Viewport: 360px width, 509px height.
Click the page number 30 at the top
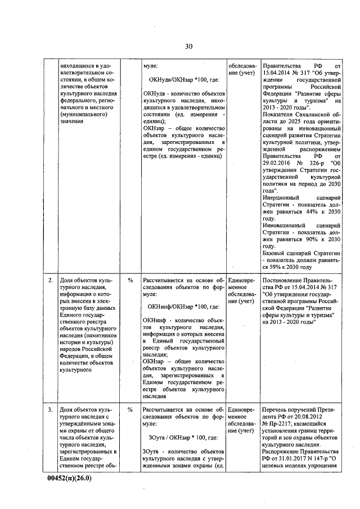(188, 47)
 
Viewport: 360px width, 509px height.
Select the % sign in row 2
(130, 280)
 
